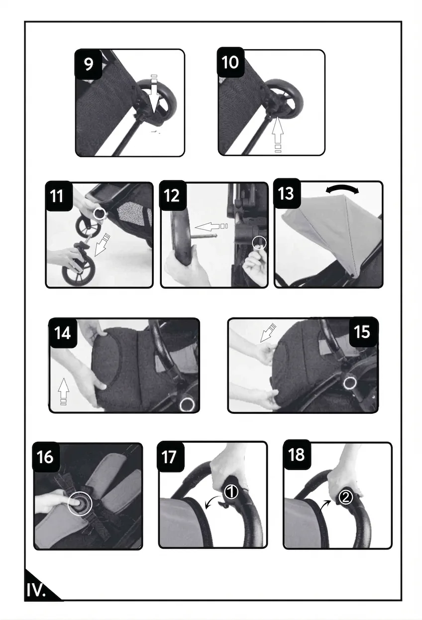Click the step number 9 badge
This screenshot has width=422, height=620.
(89, 64)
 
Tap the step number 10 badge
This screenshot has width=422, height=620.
(230, 62)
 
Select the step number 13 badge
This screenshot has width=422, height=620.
(287, 193)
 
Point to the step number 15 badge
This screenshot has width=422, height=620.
(363, 332)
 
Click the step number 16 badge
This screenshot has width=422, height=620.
(46, 457)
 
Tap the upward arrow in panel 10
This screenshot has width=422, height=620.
(277, 134)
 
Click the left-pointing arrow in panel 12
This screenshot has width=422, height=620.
(211, 227)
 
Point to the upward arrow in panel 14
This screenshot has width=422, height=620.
(63, 391)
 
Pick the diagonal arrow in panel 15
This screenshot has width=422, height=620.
(267, 333)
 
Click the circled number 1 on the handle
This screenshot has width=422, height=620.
(231, 493)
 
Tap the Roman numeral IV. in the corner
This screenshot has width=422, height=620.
(36, 590)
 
